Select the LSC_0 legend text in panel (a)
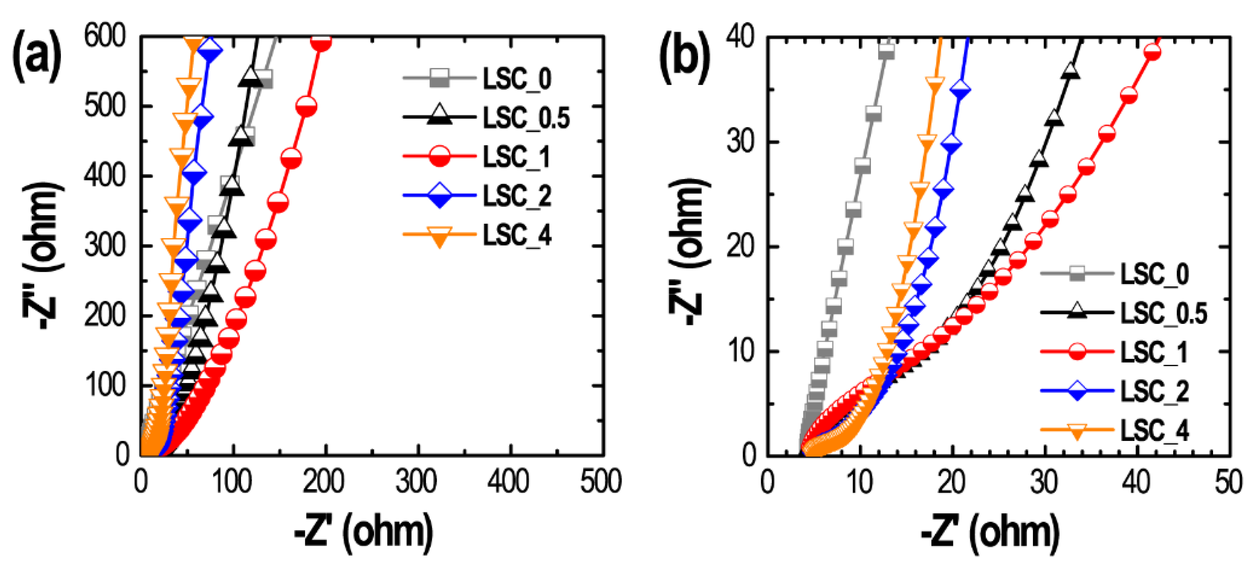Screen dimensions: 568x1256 coord(517,79)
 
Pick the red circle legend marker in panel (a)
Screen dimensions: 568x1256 coord(439,157)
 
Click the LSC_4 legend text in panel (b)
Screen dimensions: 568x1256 coord(1154,431)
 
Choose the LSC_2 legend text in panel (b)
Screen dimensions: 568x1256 coord(1154,391)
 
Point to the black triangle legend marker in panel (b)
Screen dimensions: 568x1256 coord(1077,312)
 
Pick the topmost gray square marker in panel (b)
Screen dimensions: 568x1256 coord(887,51)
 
